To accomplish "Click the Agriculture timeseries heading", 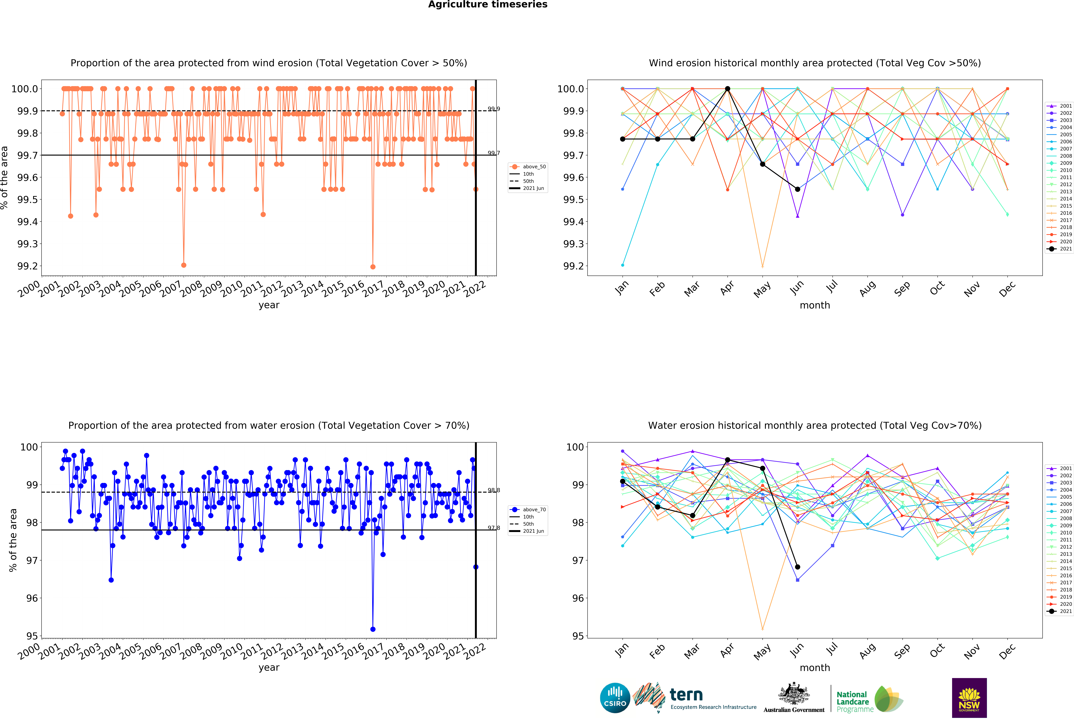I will pyautogui.click(x=488, y=5).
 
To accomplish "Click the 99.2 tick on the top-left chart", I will pyautogui.click(x=28, y=266).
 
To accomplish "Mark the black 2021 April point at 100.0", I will pyautogui.click(x=727, y=89).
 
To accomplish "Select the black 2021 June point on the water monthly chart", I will pyautogui.click(x=797, y=567).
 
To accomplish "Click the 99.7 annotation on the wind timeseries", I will pyautogui.click(x=494, y=153).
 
